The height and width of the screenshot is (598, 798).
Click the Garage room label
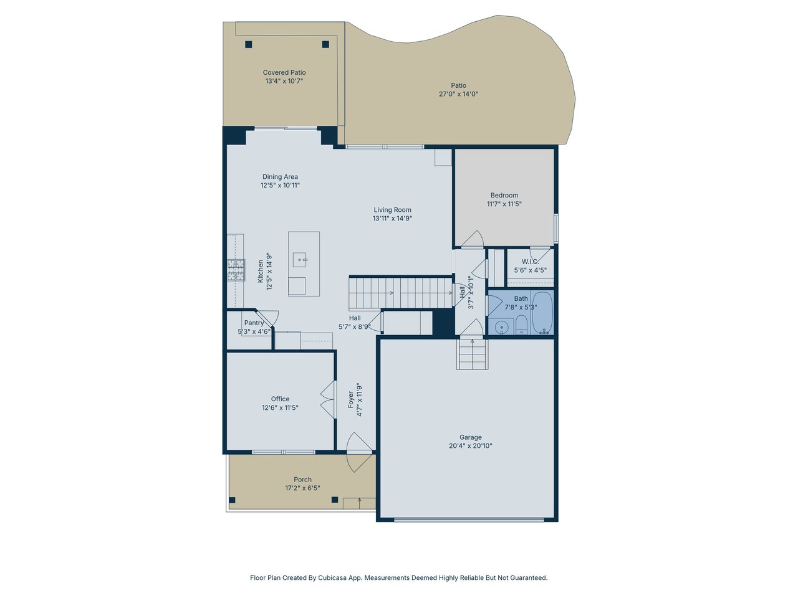pyautogui.click(x=470, y=437)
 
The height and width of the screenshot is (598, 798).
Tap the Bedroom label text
pyautogui.click(x=504, y=196)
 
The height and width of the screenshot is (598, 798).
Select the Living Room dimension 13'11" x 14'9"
pyautogui.click(x=392, y=218)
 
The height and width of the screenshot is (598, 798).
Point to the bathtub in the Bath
pyautogui.click(x=542, y=312)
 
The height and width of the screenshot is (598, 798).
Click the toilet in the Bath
pyautogui.click(x=521, y=325)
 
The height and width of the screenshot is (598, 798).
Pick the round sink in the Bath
pyautogui.click(x=501, y=327)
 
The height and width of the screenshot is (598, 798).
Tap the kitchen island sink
pyautogui.click(x=300, y=260)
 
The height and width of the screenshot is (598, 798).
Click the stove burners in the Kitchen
pyautogui.click(x=236, y=270)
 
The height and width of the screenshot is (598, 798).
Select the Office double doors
pyautogui.click(x=329, y=399)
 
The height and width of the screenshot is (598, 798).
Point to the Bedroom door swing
pyautogui.click(x=473, y=239)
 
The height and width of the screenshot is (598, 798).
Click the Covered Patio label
pyautogui.click(x=284, y=73)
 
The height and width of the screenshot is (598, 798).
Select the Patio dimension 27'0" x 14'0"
pyautogui.click(x=458, y=94)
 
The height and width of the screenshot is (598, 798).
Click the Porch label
pyautogui.click(x=302, y=479)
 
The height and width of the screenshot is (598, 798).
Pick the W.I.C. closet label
pyautogui.click(x=530, y=262)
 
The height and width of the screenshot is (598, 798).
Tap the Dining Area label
pyautogui.click(x=280, y=177)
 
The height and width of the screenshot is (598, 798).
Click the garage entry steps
pyautogui.click(x=472, y=354)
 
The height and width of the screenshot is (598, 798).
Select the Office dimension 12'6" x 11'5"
pyautogui.click(x=280, y=407)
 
